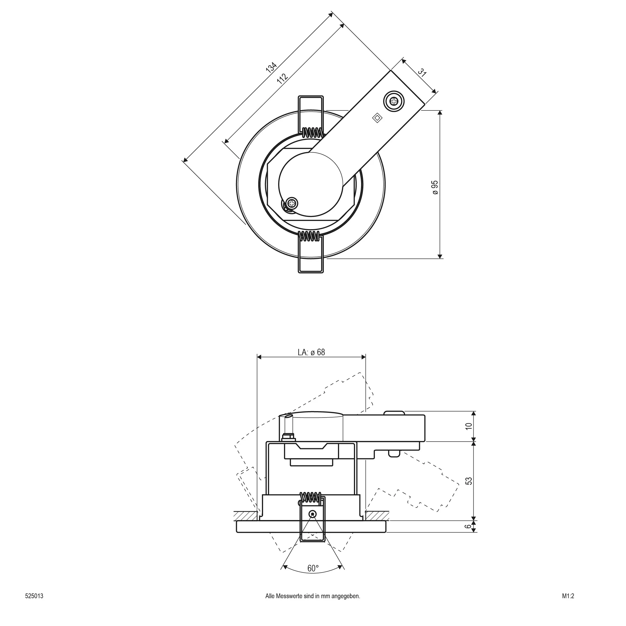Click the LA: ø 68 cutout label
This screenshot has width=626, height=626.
[311, 352]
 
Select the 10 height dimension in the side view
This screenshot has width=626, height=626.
[469, 427]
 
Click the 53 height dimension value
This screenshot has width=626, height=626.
[469, 481]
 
